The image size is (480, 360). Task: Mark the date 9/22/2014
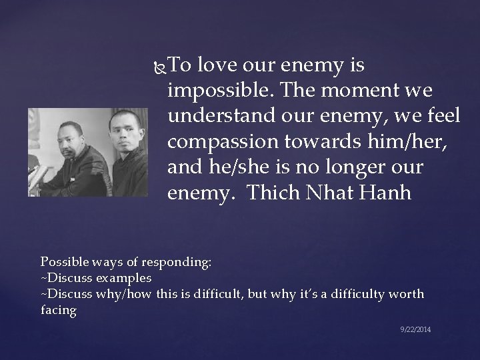415,329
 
